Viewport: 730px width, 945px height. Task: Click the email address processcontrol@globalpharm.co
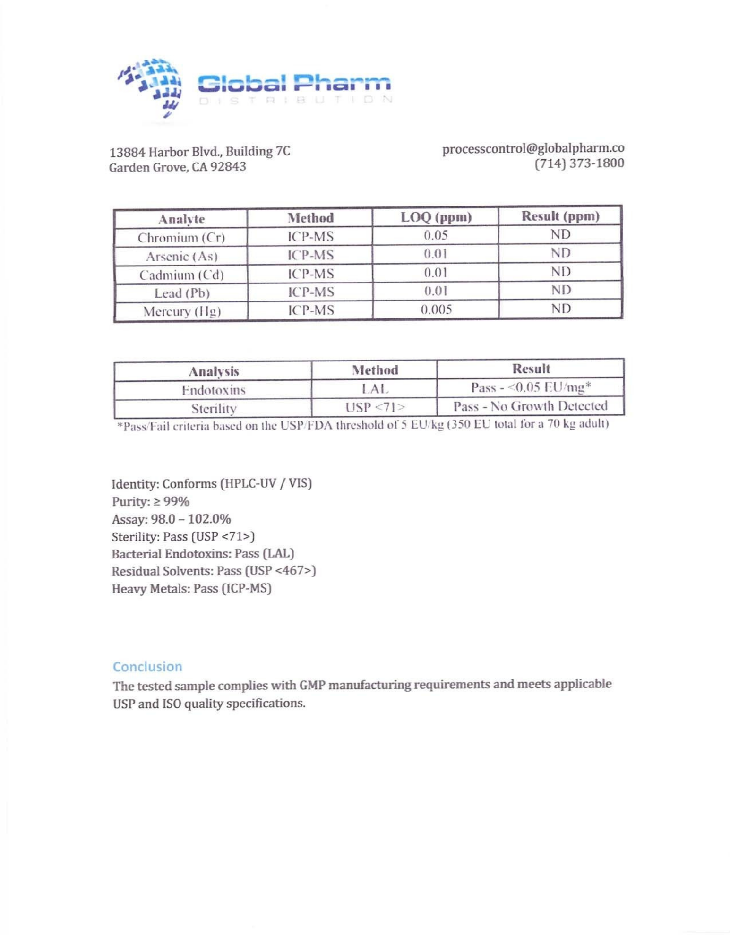(533, 148)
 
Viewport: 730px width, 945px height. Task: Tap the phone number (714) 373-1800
(579, 163)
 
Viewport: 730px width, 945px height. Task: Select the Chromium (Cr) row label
(181, 238)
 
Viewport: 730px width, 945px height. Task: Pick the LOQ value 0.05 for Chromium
(435, 235)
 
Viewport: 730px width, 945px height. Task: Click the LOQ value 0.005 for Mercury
(436, 309)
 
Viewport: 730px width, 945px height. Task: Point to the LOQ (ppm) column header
(436, 217)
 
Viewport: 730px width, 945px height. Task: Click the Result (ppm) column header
(560, 216)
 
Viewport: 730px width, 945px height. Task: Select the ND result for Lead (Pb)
(561, 290)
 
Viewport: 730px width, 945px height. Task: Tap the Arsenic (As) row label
(181, 256)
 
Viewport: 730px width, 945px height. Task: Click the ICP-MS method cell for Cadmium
(310, 273)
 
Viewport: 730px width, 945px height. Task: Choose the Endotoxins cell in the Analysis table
(214, 390)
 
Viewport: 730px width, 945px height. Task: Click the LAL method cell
(374, 389)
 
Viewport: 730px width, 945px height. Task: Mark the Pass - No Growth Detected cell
(530, 406)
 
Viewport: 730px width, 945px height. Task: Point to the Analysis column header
(214, 371)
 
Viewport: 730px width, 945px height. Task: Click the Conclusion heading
(147, 667)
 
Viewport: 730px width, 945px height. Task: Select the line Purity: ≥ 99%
(150, 501)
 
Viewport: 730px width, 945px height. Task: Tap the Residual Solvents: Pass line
(214, 571)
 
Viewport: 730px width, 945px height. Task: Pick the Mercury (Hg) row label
(182, 311)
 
